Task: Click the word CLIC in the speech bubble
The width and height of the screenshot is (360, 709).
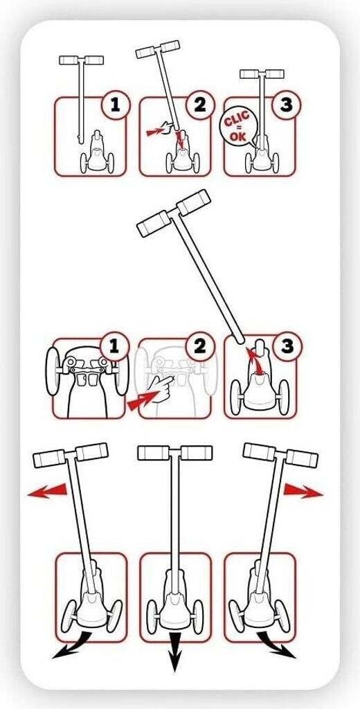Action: pos(237,120)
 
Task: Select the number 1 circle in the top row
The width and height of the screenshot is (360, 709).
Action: pos(116,106)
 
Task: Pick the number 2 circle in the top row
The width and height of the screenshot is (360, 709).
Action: pos(200,106)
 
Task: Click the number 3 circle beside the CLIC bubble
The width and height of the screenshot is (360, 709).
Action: pos(286,106)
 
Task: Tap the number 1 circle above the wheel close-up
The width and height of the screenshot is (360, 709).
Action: pos(114,347)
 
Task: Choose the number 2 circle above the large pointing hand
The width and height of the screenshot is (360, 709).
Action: pos(199,347)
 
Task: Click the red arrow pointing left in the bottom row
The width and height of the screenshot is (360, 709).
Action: pos(47,492)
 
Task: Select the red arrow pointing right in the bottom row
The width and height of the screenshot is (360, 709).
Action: pos(303,492)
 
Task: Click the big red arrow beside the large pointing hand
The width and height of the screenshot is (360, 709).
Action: pos(141,401)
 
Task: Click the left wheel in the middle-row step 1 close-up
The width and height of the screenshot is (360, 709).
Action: pos(53,371)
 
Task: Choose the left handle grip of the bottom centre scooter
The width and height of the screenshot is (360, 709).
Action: pos(153,453)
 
